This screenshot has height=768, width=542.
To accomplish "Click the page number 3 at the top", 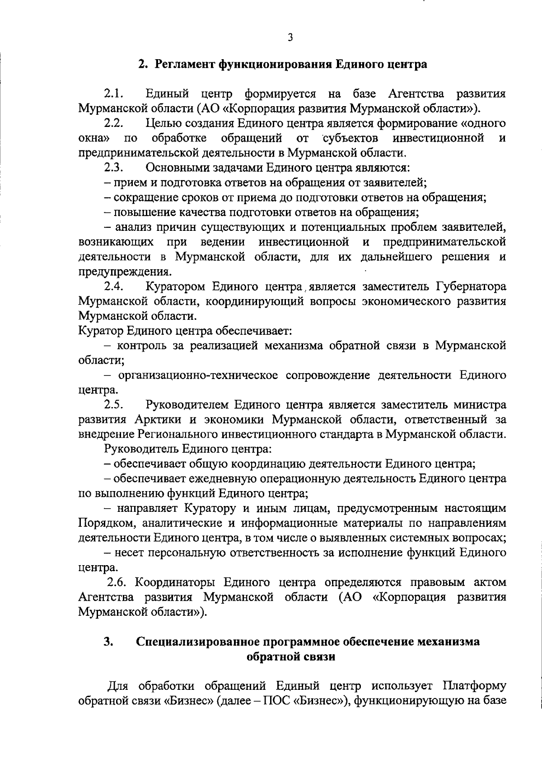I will click(x=290, y=38).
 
